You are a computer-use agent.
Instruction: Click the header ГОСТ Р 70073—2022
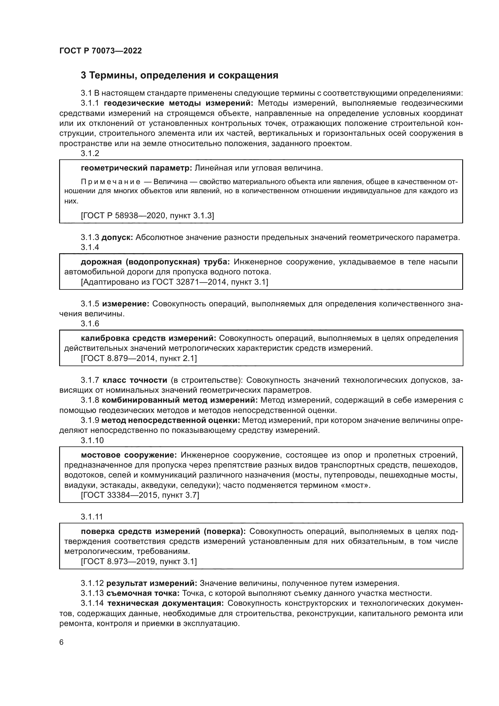100,51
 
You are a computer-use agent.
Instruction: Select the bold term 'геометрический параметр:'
136,168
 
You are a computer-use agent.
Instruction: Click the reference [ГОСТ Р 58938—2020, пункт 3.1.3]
148,216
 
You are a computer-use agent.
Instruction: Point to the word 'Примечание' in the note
111,182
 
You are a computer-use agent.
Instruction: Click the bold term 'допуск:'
117,237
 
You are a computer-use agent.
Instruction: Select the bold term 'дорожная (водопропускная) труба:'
155,262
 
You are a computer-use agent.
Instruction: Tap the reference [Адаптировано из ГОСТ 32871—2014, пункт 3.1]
174,282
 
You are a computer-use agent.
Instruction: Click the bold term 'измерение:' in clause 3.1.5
126,304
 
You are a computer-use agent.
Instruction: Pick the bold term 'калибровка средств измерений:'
148,338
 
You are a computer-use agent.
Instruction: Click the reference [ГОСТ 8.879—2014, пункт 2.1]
139,358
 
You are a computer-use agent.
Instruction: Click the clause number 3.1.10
92,440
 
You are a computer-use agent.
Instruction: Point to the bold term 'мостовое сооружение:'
129,455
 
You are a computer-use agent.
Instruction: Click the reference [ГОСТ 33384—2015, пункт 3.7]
140,495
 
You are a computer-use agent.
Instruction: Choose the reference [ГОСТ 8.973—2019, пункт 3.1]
139,561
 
